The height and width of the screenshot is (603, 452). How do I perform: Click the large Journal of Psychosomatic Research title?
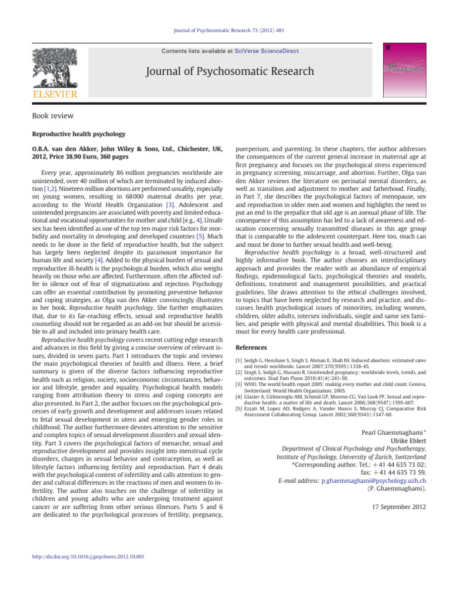[226, 72]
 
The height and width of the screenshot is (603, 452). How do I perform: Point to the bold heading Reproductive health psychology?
[75, 134]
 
